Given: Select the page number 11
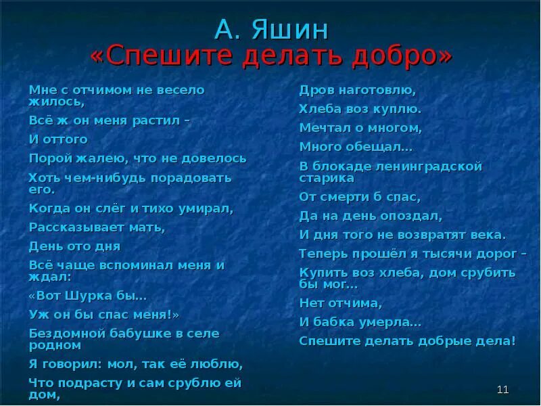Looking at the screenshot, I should (x=502, y=389).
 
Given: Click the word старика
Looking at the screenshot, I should (x=327, y=178).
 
